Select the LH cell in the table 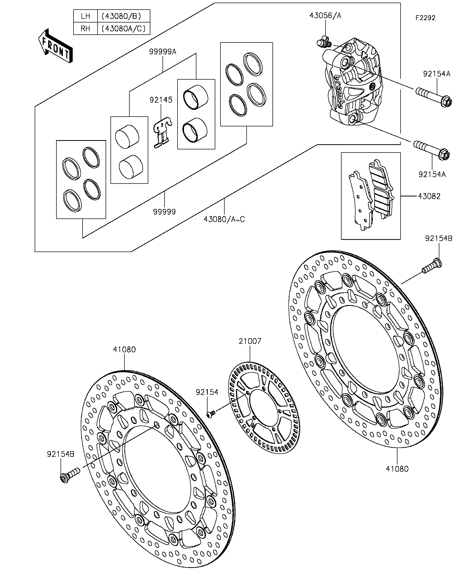[x=85, y=16]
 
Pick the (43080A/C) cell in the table [x=124, y=28]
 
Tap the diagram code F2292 [x=425, y=18]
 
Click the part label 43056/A [x=325, y=16]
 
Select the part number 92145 [x=161, y=100]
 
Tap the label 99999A [x=162, y=52]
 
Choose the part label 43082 [x=429, y=196]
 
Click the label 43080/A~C [x=224, y=219]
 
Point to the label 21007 [x=250, y=341]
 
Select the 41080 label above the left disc [x=124, y=349]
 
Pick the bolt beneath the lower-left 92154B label [x=70, y=475]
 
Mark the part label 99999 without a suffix [x=164, y=211]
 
